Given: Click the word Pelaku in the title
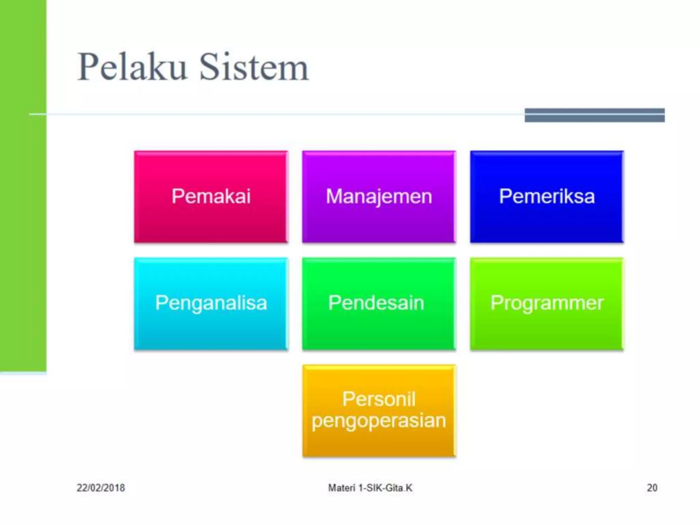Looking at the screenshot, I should point(132,67).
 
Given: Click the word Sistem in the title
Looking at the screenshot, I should point(254,67).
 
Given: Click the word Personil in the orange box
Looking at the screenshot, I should point(379,399).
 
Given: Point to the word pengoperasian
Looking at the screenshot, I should point(379,421).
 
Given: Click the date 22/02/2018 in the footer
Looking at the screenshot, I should point(101,488).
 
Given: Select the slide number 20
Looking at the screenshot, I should point(652,488).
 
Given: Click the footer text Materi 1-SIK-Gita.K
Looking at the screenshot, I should point(370,488).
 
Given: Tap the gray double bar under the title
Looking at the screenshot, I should point(595,115).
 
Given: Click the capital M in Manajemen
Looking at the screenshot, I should point(334,196).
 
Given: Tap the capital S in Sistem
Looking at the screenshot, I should point(209,67).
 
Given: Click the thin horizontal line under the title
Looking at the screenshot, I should point(273,114).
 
